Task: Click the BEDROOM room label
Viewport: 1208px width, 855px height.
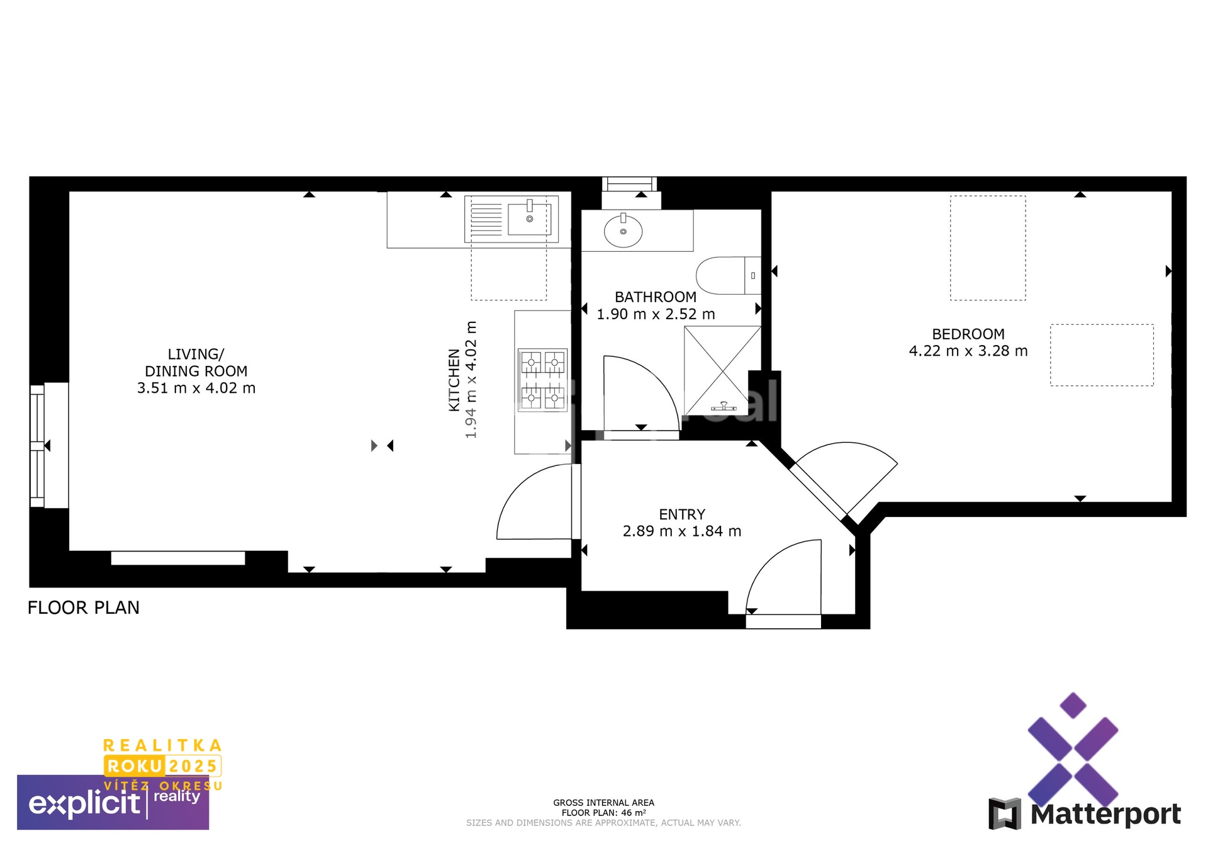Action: [968, 334]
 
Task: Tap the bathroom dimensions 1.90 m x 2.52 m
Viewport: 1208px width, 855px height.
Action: [656, 314]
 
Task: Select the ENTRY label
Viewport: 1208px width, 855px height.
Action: [682, 514]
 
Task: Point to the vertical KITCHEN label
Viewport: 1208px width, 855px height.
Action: [454, 380]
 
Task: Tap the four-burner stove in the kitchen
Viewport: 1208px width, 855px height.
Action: [542, 380]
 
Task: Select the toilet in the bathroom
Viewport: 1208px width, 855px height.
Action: [729, 275]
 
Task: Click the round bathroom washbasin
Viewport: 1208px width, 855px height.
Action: [623, 230]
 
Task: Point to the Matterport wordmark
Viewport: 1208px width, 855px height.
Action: [1105, 814]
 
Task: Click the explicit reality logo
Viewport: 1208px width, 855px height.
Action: [113, 802]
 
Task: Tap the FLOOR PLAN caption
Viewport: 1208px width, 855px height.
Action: [84, 608]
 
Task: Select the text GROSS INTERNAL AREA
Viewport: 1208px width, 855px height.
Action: [603, 803]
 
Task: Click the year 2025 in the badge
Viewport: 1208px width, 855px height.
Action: [193, 766]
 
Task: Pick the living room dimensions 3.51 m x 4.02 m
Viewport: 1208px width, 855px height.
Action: [196, 388]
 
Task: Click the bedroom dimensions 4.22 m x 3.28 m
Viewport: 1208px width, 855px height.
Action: [968, 351]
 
